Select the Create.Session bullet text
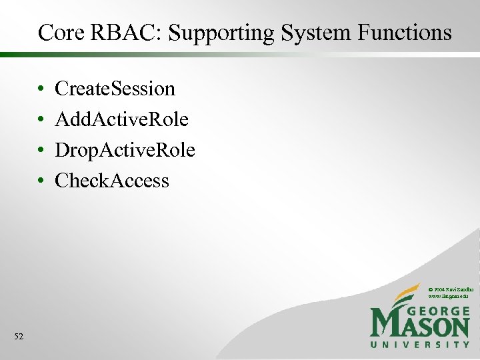(115, 89)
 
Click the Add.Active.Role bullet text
(121, 119)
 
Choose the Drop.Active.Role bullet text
(125, 150)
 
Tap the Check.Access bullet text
(112, 181)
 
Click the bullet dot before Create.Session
(41, 89)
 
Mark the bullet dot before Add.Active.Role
(41, 120)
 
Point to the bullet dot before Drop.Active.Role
(41, 151)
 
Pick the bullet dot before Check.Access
(41, 181)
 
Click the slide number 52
(19, 337)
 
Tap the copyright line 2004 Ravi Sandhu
(450, 288)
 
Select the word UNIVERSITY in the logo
(420, 345)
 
